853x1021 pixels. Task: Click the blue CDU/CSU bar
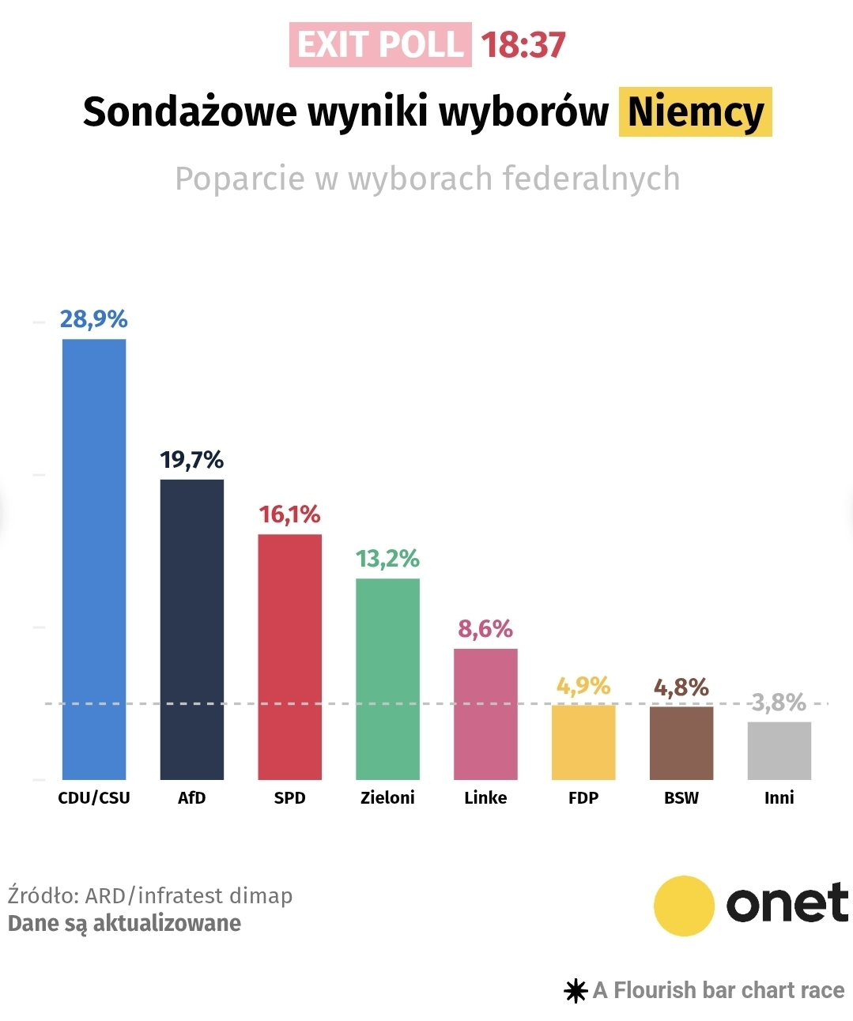pos(94,559)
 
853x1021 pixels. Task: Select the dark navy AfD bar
pos(192,629)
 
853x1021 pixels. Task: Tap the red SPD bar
pos(289,657)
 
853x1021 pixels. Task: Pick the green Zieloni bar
pos(387,679)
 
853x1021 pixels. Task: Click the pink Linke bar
pos(485,714)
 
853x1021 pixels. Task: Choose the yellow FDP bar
pos(583,742)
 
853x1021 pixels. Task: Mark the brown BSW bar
pos(681,743)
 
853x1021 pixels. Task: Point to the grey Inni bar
pos(779,751)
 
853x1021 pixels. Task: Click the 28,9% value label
pos(93,319)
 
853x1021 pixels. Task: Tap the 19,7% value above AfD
pos(192,460)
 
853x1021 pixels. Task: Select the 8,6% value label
pos(485,629)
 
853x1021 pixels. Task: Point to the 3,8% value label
pos(779,703)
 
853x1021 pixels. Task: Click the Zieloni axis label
pos(387,798)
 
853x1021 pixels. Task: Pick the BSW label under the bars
pos(681,798)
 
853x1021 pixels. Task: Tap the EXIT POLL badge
pos(380,45)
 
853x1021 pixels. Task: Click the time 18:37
pos(523,45)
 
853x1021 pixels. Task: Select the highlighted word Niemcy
pos(695,111)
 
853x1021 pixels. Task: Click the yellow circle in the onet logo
pos(685,906)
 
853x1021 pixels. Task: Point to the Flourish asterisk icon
pos(576,991)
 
